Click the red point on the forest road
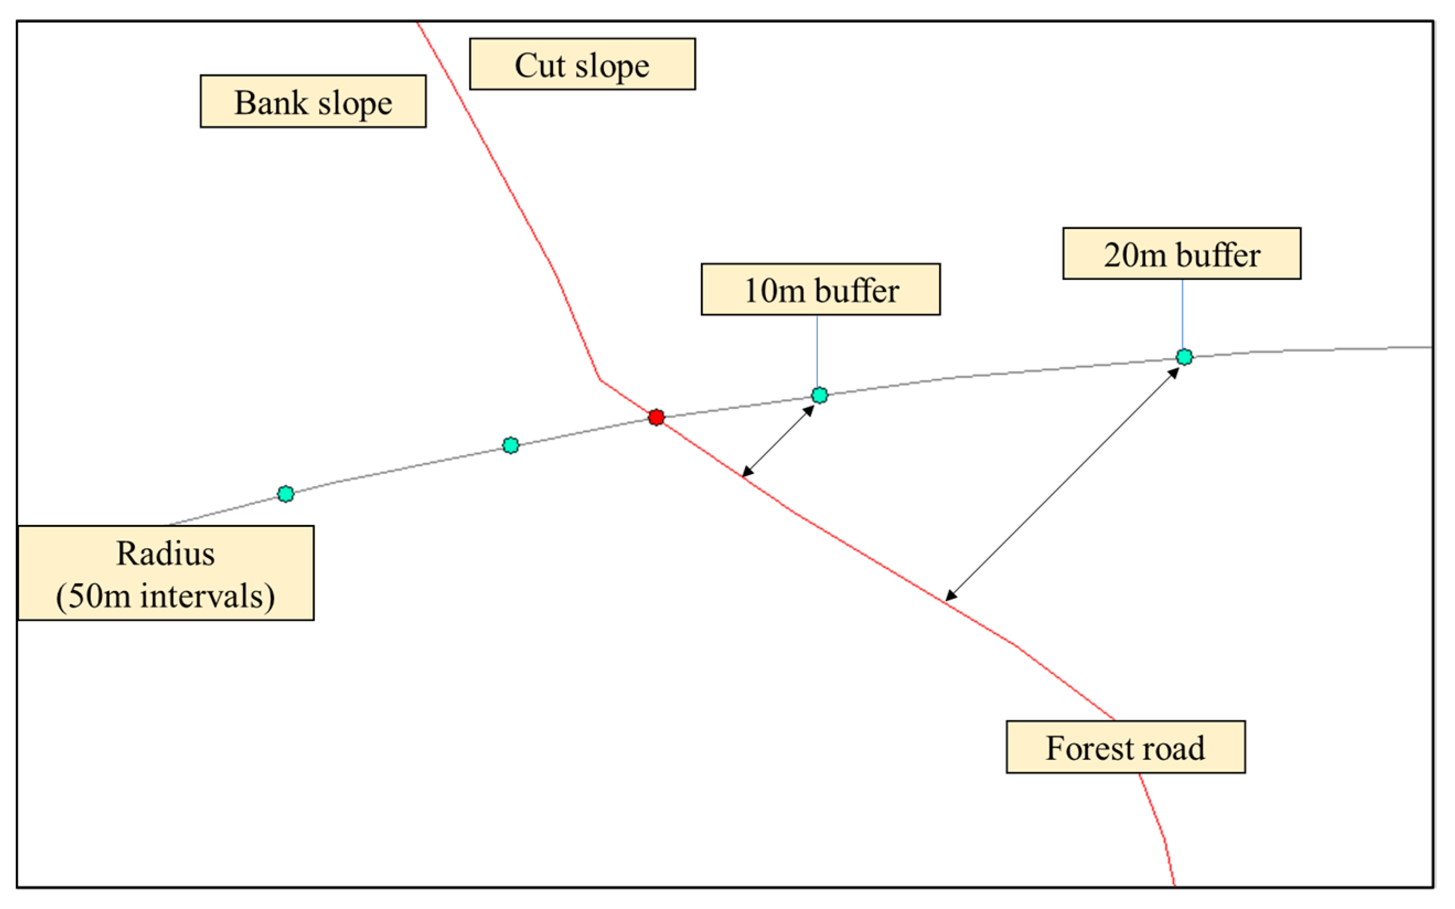pos(656,417)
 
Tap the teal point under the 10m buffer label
pos(820,395)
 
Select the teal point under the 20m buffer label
pos(1184,357)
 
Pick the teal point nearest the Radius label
pos(286,493)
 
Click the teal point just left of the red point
pos(511,445)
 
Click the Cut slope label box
pos(582,65)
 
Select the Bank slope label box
pos(313,101)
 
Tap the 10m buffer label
pos(821,289)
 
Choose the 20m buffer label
pos(1181,253)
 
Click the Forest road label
pos(1125,747)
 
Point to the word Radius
pos(165,553)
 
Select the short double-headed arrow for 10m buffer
pos(779,442)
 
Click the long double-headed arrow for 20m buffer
pos(1062,484)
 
